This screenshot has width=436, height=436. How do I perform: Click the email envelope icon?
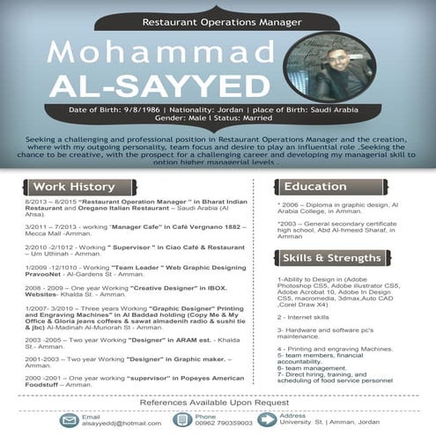point(69,420)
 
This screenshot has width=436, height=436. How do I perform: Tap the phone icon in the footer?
point(182,420)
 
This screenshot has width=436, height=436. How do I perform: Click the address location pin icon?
point(266,419)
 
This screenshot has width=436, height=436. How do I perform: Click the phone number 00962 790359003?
point(224,425)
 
